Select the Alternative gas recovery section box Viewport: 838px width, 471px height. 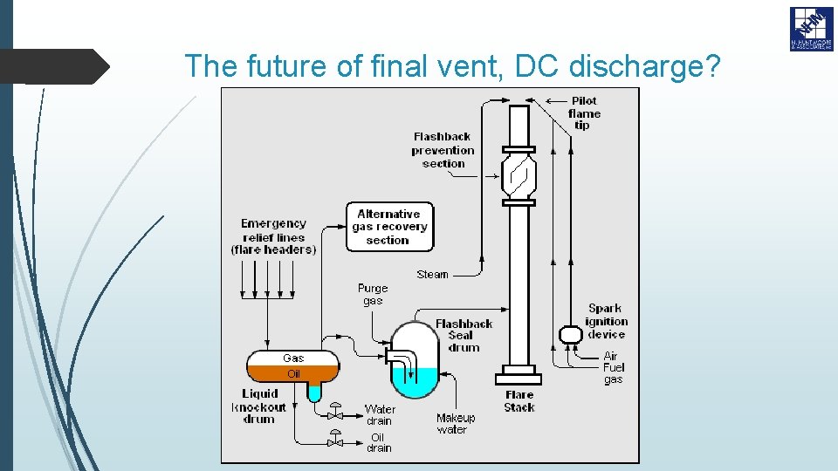pos(388,227)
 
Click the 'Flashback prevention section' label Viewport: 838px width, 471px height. pos(443,149)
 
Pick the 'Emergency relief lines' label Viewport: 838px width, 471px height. pos(273,236)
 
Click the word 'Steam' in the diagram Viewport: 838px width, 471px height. pos(432,274)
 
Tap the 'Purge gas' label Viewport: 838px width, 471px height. pos(373,294)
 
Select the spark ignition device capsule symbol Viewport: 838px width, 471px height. pos(570,334)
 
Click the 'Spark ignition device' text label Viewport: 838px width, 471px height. pos(606,320)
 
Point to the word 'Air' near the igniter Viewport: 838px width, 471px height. pos(610,356)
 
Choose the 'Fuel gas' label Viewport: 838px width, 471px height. pos(614,373)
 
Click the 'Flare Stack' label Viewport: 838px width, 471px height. pos(519,401)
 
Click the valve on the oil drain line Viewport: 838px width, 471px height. pos(333,439)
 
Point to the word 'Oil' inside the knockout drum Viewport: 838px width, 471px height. pos(293,374)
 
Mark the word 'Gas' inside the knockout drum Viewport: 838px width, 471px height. pos(293,358)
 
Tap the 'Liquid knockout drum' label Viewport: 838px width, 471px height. pos(259,406)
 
